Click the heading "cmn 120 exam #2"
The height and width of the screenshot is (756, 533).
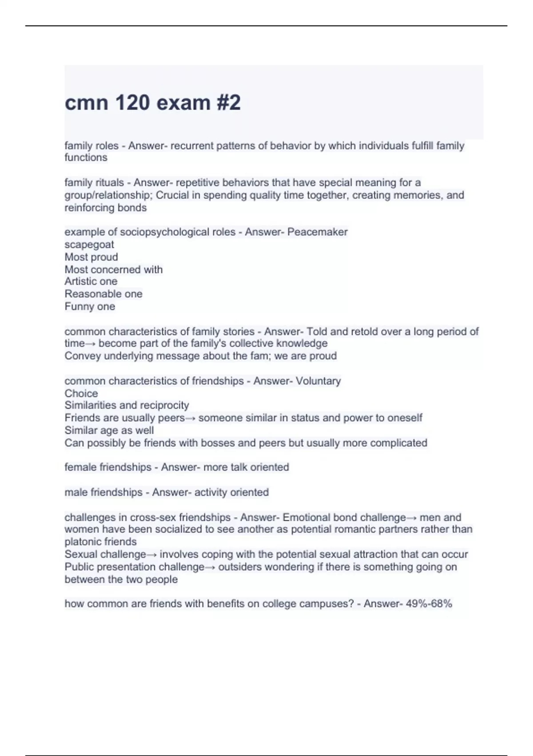point(152,103)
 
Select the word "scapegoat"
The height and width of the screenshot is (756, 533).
point(89,245)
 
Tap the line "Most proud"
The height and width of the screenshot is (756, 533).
point(91,257)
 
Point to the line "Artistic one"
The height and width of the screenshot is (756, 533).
point(91,281)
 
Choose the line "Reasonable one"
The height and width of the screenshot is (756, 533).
point(103,294)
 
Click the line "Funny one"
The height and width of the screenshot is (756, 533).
point(90,306)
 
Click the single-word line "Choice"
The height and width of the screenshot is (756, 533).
point(81,394)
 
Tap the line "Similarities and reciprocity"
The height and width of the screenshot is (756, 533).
point(127,405)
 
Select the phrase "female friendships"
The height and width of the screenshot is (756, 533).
point(108,467)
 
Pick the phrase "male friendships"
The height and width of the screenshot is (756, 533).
point(103,492)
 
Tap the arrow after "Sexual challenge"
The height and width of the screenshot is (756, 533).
point(151,555)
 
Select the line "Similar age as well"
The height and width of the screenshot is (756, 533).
point(109,430)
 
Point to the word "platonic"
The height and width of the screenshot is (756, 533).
point(83,542)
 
